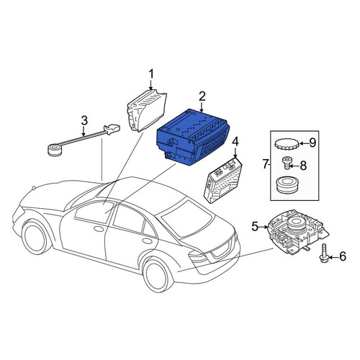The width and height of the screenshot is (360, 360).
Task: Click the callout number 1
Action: (151, 74)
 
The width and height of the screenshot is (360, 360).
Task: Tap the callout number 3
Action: (84, 121)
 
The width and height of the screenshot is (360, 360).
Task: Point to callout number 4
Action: (235, 142)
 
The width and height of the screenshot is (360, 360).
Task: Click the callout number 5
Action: (255, 226)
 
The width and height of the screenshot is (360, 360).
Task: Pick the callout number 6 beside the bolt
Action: (342, 256)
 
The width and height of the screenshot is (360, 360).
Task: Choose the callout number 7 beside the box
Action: (265, 164)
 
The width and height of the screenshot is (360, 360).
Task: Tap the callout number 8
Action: (303, 166)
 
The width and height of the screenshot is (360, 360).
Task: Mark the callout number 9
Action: (312, 143)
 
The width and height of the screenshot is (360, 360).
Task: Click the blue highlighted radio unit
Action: (192, 138)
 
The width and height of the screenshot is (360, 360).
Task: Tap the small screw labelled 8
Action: (286, 163)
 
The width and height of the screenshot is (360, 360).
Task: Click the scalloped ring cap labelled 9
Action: (287, 145)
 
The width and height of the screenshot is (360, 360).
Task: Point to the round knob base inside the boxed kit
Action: (287, 184)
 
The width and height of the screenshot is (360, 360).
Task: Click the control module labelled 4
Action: (223, 181)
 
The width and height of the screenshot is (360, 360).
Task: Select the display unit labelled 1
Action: (146, 110)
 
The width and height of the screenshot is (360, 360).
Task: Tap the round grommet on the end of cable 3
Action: (55, 150)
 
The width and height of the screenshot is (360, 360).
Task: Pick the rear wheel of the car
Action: (158, 274)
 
